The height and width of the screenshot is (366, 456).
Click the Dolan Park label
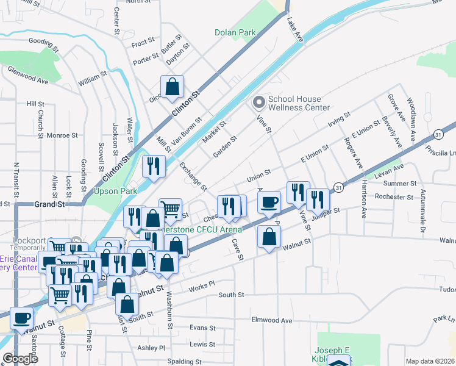coord(235,32)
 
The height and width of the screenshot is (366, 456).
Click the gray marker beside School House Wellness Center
coord(259,101)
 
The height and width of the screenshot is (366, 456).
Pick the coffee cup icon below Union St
coord(269,202)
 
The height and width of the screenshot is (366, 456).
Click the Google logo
coord(20,359)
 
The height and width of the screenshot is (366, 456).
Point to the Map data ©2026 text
coord(430,361)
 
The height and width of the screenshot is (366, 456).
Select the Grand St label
coord(49,204)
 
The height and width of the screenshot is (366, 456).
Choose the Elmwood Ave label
coord(272,320)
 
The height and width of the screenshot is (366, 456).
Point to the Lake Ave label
coord(295,30)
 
